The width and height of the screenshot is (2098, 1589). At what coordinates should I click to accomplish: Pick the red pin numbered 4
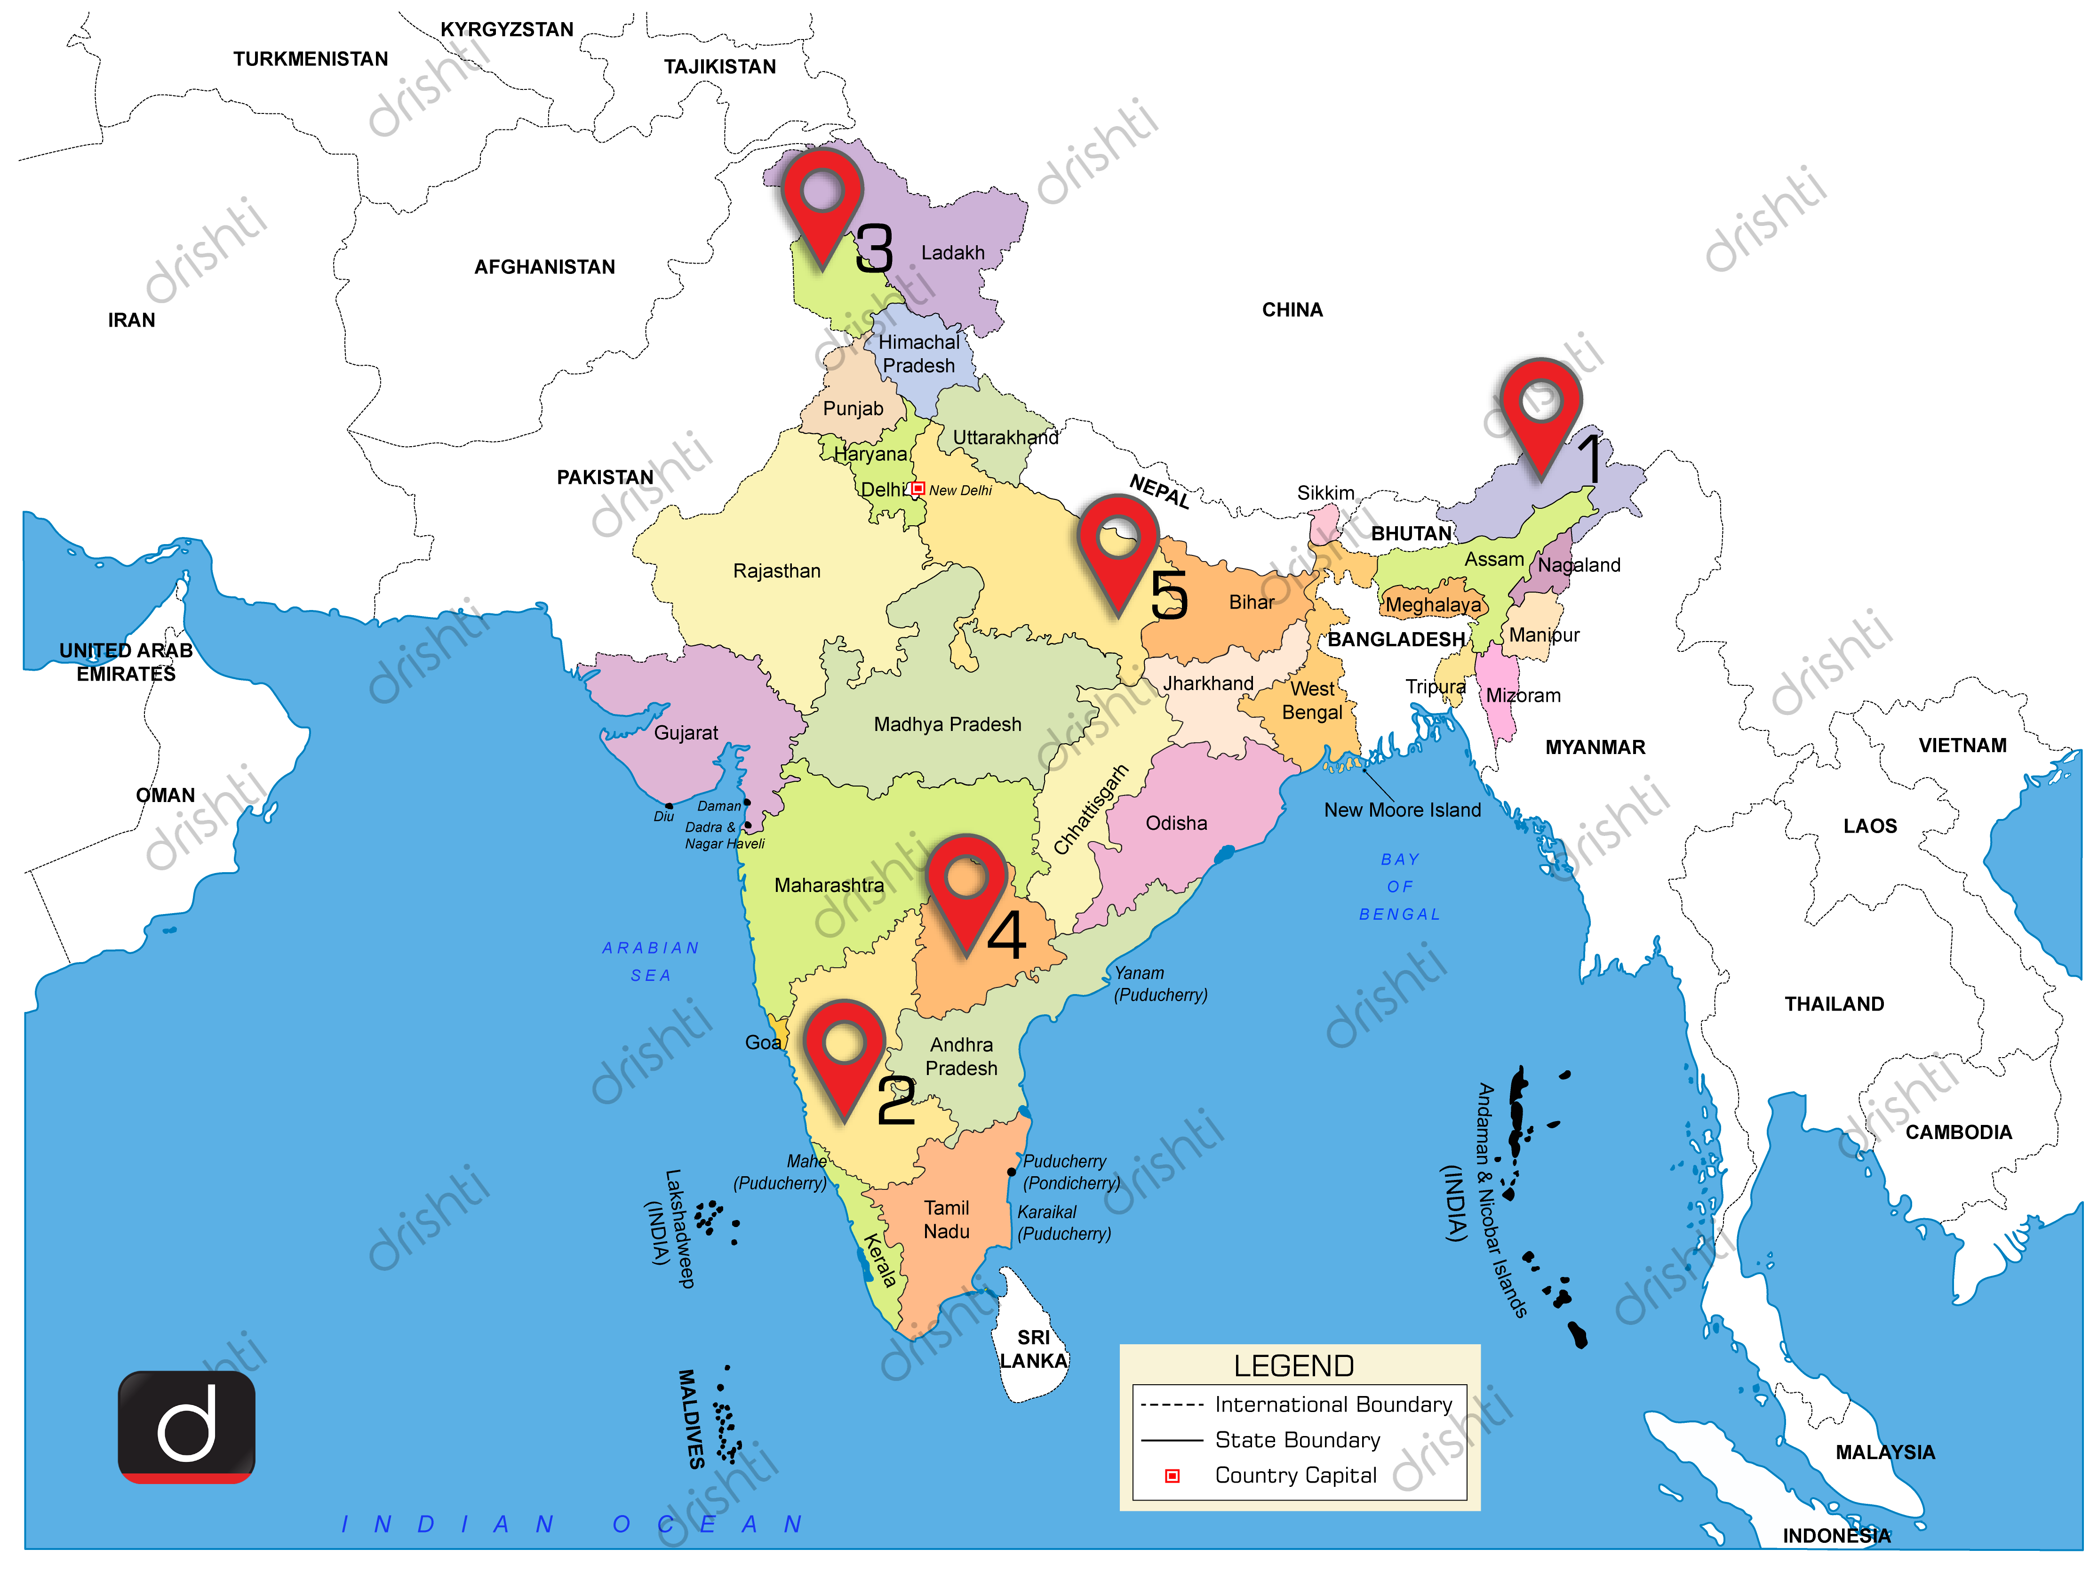pyautogui.click(x=966, y=887)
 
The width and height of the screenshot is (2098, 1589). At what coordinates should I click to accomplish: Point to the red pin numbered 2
pyautogui.click(x=844, y=1053)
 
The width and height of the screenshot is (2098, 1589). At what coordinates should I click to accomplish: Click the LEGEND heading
pyautogui.click(x=1294, y=1366)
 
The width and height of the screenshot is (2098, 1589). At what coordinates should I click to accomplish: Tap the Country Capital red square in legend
pyautogui.click(x=1173, y=1476)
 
